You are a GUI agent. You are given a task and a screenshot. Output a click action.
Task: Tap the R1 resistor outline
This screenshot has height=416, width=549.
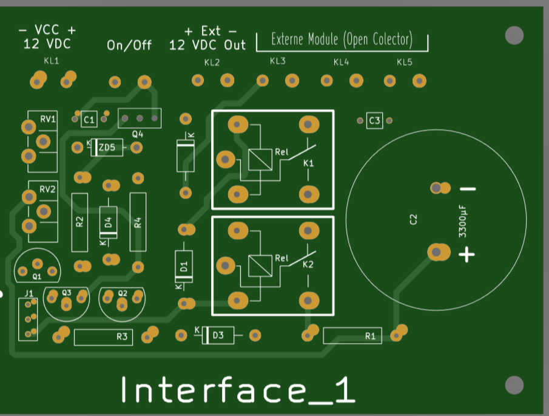pyautogui.click(x=352, y=335)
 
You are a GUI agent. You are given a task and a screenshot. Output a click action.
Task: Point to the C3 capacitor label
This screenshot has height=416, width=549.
pyautogui.click(x=374, y=121)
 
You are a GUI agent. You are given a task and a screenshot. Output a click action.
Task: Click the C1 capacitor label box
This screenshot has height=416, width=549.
pyautogui.click(x=89, y=120)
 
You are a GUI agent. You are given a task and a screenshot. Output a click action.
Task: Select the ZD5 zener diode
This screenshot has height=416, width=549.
pyautogui.click(x=106, y=147)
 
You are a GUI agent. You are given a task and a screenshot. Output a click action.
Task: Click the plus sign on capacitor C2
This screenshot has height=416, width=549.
pyautogui.click(x=466, y=254)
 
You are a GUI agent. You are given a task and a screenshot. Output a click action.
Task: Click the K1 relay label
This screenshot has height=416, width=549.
pyautogui.click(x=309, y=164)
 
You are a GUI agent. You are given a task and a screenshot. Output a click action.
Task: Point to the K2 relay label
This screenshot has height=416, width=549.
pyautogui.click(x=308, y=265)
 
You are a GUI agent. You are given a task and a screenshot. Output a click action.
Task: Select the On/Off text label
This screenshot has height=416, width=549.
pyautogui.click(x=129, y=45)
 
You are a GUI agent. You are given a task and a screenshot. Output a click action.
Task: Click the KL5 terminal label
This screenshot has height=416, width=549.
pyautogui.click(x=404, y=62)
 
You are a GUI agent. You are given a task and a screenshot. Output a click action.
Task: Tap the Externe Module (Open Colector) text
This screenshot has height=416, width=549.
pyautogui.click(x=342, y=40)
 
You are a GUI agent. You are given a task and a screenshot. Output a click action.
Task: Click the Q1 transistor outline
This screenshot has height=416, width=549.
pyautogui.click(x=37, y=268)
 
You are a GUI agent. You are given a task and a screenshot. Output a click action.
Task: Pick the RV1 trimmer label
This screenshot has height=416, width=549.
pyautogui.click(x=48, y=119)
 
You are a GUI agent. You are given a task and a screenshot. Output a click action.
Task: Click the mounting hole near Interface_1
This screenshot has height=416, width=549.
pyautogui.click(x=514, y=384)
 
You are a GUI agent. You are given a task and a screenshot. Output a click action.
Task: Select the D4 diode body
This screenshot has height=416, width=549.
pyautogui.click(x=109, y=222)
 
